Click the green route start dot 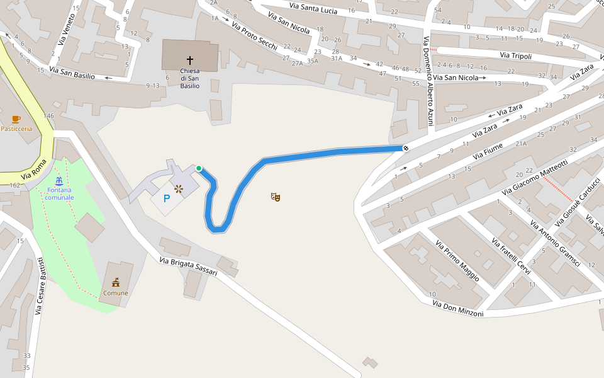(x=199, y=168)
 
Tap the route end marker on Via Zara (x=406, y=148)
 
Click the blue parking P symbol (x=167, y=198)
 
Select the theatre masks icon (x=275, y=197)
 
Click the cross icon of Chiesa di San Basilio (x=190, y=60)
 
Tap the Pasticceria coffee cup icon (x=16, y=119)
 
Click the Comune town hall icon (x=116, y=283)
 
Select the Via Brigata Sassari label (x=188, y=266)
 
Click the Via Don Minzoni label (x=457, y=309)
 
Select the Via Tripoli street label (x=516, y=56)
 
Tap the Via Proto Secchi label (x=254, y=36)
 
